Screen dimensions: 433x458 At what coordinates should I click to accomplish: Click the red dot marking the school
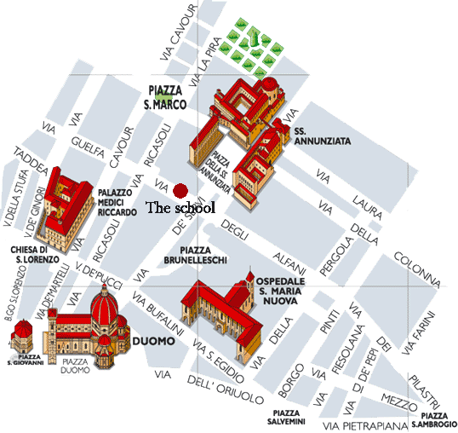click(180, 189)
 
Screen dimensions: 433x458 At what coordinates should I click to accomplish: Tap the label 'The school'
click(180, 207)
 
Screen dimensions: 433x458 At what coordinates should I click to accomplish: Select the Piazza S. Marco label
click(167, 97)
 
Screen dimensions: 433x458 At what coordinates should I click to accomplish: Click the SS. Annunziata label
click(323, 137)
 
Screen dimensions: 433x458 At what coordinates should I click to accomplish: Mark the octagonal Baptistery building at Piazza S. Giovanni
click(23, 335)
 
